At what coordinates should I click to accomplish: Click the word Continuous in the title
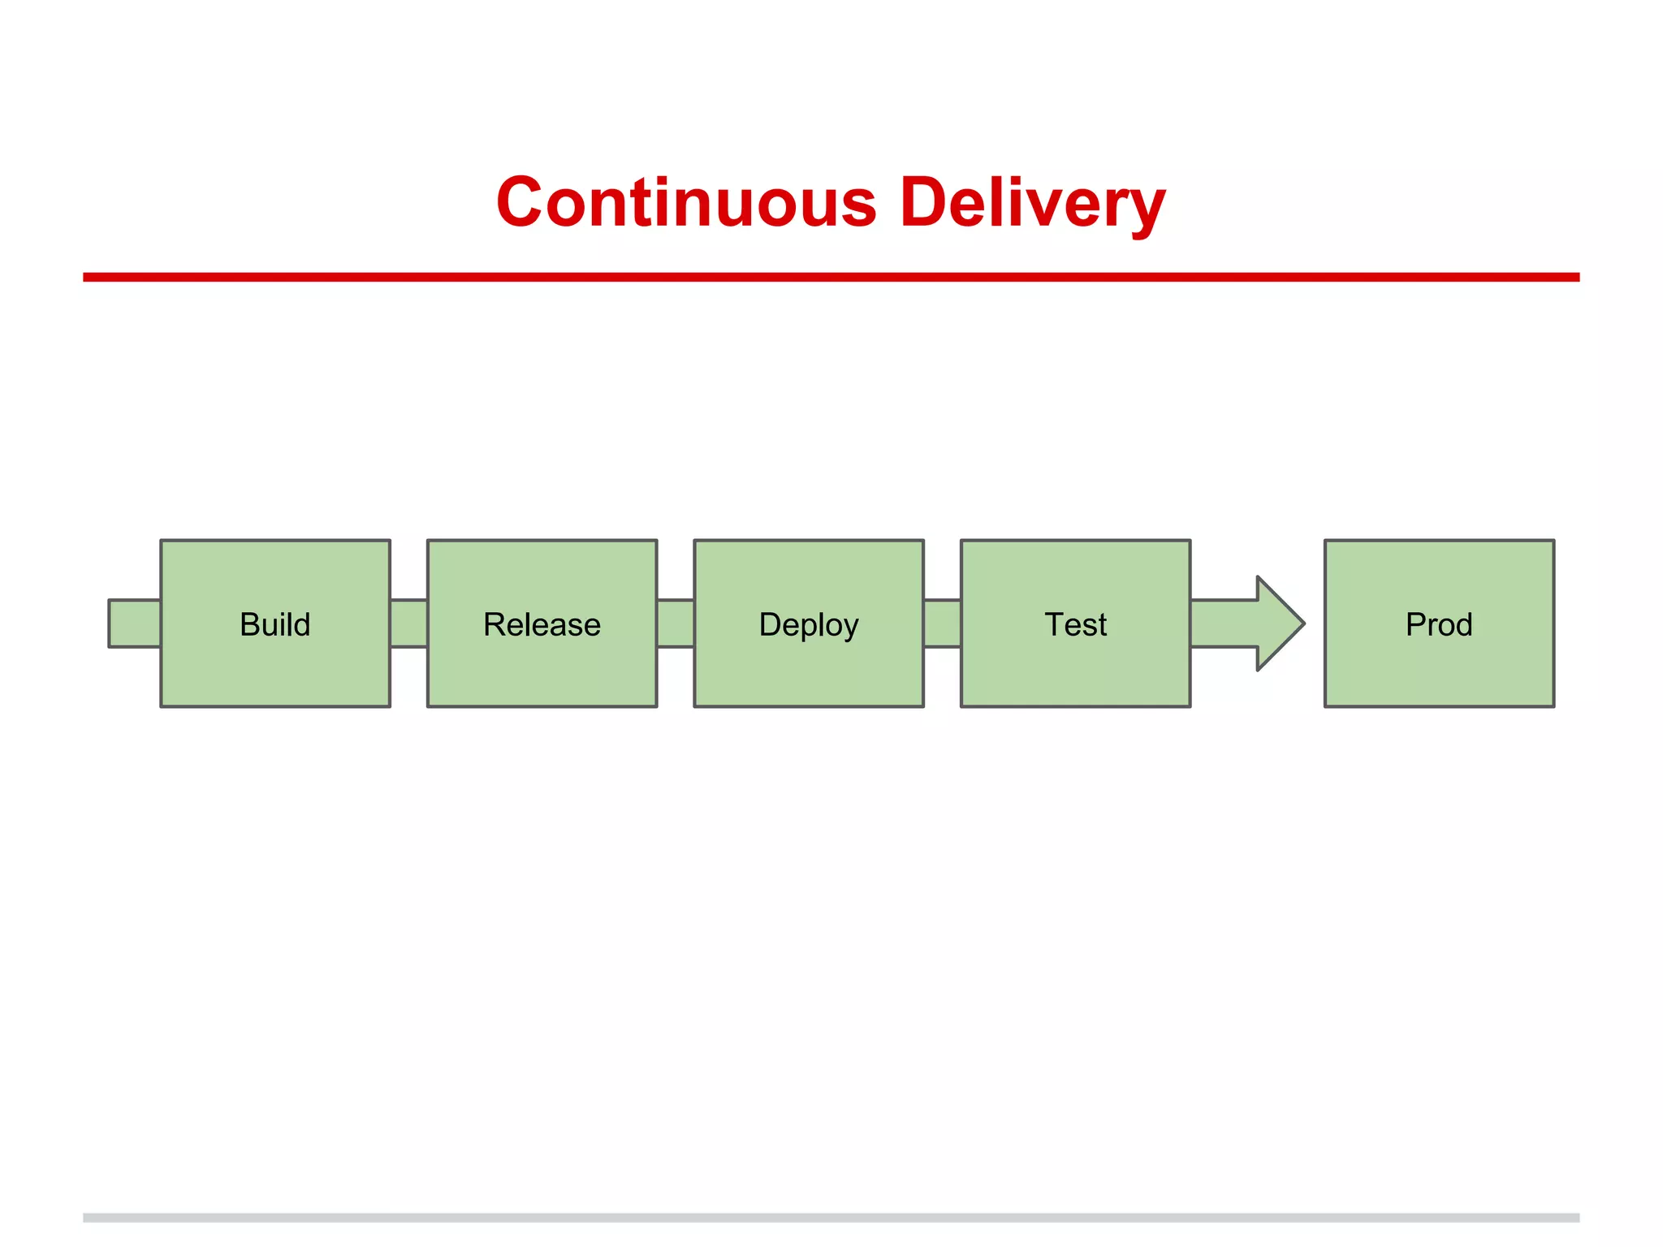pos(686,202)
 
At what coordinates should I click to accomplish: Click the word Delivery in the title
pos(1032,202)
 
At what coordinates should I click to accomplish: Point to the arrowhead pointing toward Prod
pos(1279,623)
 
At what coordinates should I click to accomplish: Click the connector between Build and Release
pos(408,623)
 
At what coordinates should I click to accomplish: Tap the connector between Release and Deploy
pos(676,623)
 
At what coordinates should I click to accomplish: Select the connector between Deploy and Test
pos(942,623)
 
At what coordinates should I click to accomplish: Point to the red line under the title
pos(831,277)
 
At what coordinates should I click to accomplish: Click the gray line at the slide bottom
pos(831,1218)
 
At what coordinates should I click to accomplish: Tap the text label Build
pos(275,624)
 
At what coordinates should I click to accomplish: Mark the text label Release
pos(542,624)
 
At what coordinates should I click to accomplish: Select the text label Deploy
pos(809,625)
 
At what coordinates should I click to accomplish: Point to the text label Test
pos(1075,624)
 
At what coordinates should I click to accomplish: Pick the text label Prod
pos(1439,624)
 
